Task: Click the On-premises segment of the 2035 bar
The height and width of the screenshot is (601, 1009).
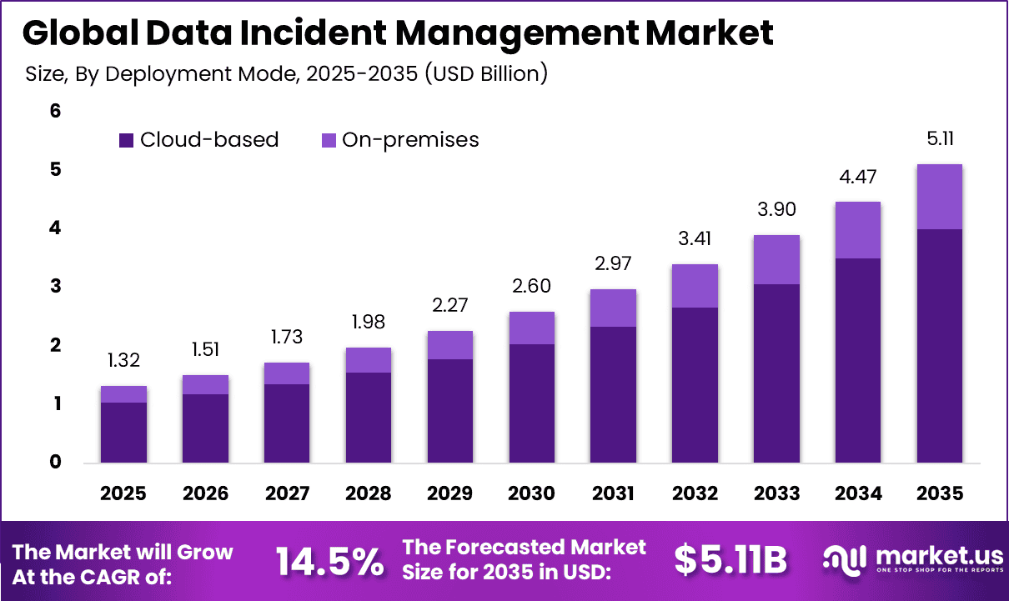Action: point(939,197)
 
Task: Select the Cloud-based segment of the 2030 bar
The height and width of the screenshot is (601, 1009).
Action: point(531,403)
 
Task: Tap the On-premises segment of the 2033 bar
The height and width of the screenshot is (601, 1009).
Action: point(776,259)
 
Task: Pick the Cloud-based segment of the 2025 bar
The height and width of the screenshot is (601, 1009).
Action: point(123,433)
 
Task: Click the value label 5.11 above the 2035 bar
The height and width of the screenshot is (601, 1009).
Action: point(939,138)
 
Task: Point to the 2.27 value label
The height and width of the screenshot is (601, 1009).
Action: point(449,305)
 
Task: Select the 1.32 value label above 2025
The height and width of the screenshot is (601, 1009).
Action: point(123,360)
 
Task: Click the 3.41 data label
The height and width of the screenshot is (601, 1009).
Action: point(695,238)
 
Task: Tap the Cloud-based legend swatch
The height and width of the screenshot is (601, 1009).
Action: point(127,140)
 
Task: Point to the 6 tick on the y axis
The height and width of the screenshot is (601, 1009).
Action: point(56,110)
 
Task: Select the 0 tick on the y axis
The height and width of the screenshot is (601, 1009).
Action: point(56,462)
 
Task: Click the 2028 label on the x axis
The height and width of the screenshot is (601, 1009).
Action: point(368,493)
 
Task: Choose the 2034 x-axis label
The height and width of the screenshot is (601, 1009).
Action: point(858,493)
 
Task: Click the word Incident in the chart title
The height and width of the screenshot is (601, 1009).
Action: point(318,33)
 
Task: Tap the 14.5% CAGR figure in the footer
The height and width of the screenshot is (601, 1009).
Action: point(329,561)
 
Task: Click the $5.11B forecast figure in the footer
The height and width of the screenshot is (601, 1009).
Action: point(730,561)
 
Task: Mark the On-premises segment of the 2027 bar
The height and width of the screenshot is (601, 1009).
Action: point(286,373)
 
